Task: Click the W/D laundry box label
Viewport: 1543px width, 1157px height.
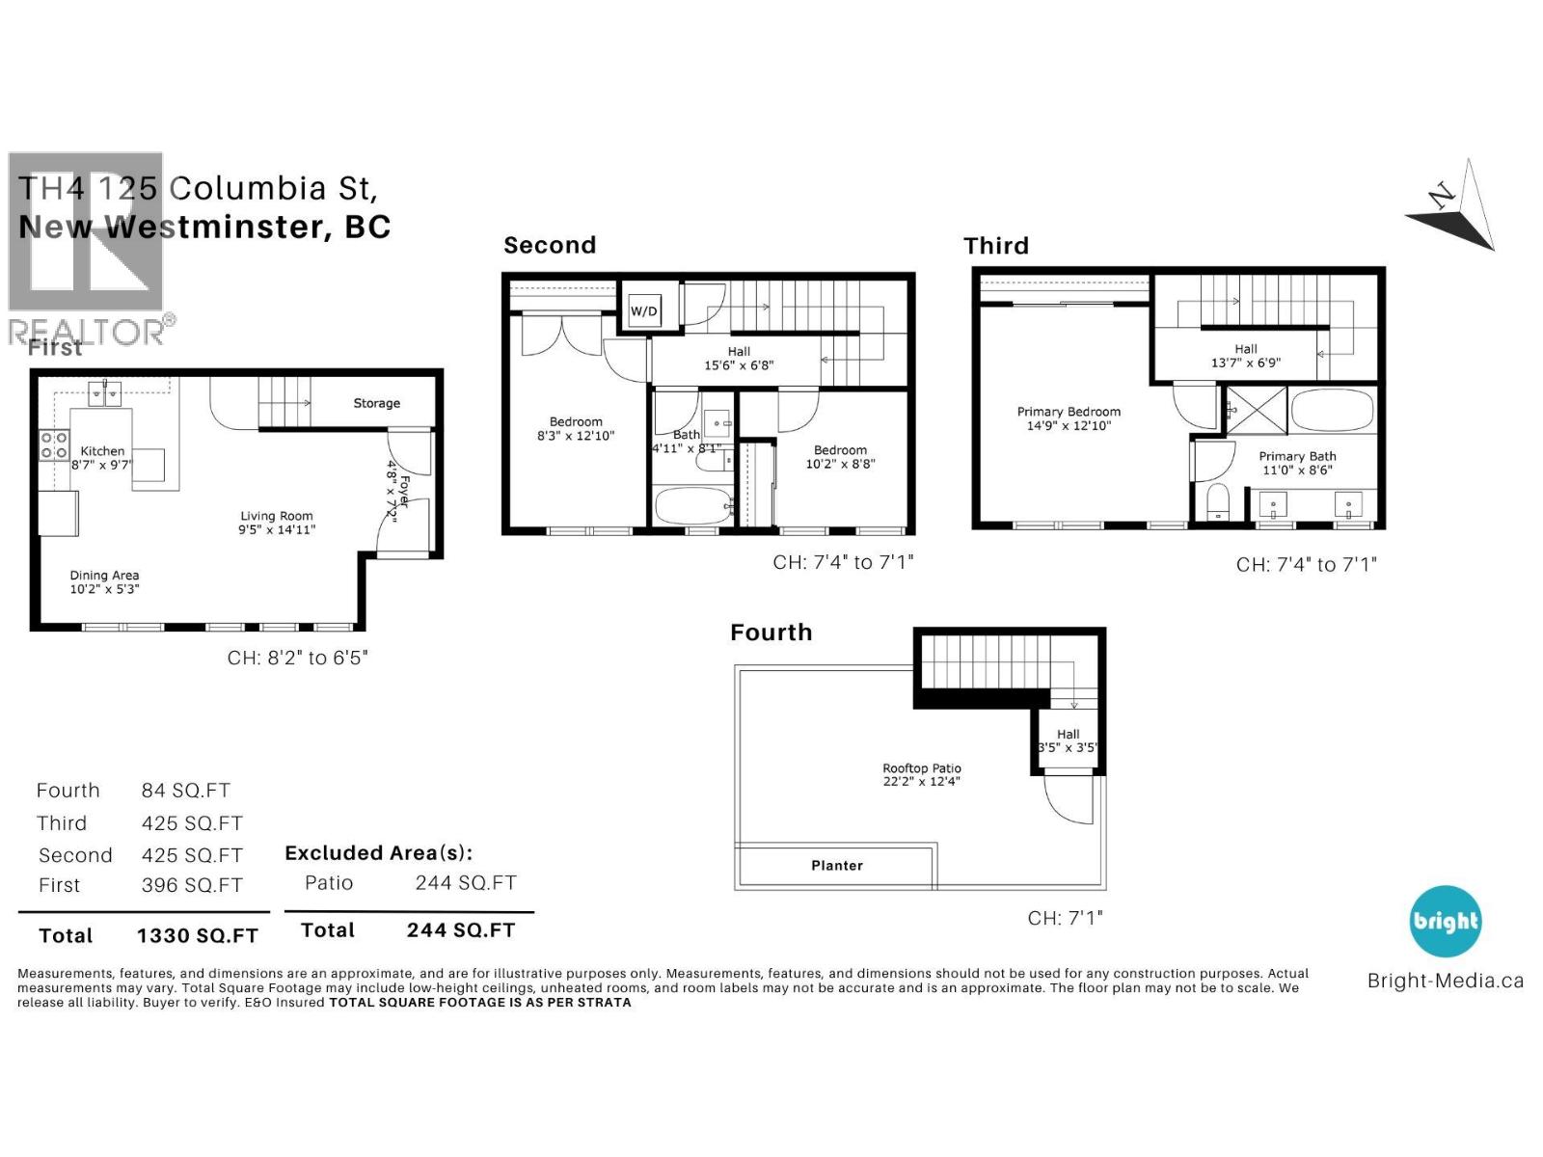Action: coord(643,311)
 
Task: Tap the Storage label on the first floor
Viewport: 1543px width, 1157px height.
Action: coord(376,403)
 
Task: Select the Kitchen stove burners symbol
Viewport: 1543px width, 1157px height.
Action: coord(54,444)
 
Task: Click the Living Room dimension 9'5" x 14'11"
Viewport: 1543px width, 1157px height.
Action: coord(277,529)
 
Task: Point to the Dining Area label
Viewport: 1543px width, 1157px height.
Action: coord(104,576)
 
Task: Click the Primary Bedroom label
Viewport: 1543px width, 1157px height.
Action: coord(1069,412)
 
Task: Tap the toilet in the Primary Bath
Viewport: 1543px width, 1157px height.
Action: coord(1218,502)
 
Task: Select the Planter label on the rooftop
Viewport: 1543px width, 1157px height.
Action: coord(836,866)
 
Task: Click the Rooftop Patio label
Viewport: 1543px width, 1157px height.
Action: coord(921,768)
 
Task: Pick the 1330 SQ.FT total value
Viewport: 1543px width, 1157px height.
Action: coord(197,935)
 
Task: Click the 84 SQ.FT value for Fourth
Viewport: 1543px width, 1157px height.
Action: coord(185,791)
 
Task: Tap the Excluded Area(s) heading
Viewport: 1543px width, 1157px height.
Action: coord(378,853)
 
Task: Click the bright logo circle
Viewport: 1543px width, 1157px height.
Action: coord(1445,922)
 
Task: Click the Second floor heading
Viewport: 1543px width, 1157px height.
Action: coord(550,245)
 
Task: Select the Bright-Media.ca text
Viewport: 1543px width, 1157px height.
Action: coord(1445,981)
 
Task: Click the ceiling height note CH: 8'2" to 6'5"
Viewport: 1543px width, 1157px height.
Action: coord(297,658)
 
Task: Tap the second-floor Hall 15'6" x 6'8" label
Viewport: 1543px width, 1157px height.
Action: coord(739,359)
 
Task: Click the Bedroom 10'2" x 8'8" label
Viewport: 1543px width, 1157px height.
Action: coord(840,457)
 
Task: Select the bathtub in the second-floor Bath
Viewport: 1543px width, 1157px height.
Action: coord(692,505)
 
